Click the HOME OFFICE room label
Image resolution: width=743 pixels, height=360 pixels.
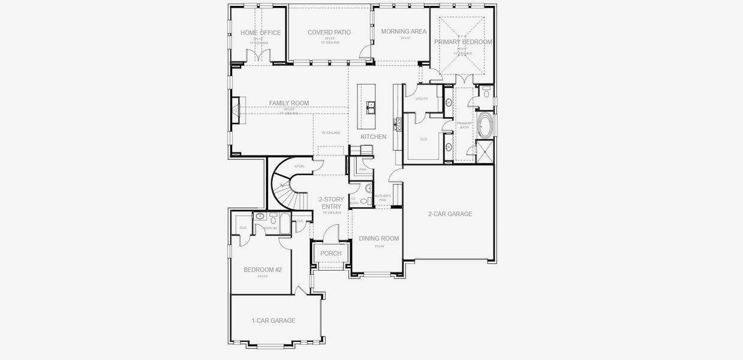(x=260, y=33)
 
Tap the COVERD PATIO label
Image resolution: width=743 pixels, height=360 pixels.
(x=329, y=32)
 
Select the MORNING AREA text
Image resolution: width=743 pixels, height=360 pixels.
(x=404, y=31)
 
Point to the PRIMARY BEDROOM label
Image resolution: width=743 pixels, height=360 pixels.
(x=463, y=42)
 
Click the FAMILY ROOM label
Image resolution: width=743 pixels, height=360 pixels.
(x=288, y=103)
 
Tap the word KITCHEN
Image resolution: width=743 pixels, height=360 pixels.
(x=373, y=137)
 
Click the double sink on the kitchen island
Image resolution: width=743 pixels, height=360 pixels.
(x=371, y=108)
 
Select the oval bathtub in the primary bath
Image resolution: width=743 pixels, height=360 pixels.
(x=485, y=126)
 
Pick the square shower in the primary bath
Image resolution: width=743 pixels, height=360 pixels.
(x=484, y=152)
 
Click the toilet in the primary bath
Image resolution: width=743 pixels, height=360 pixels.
(x=486, y=92)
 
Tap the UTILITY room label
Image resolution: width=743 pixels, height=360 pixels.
(x=422, y=98)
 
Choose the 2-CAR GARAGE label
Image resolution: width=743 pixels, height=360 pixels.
(x=450, y=214)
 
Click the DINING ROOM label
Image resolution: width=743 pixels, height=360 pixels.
(x=378, y=238)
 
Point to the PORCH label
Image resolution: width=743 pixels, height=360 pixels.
(x=330, y=253)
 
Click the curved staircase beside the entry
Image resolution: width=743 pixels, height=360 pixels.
(x=285, y=186)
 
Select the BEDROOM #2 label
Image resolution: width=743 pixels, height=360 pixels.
(x=262, y=270)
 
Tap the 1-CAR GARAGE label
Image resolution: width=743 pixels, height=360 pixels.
(x=273, y=320)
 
